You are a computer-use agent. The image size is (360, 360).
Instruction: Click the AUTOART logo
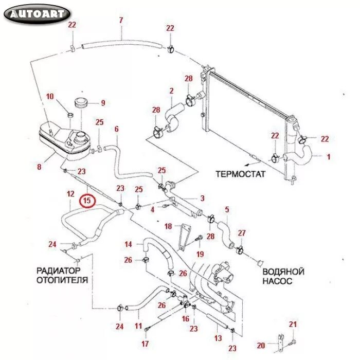tap(37, 14)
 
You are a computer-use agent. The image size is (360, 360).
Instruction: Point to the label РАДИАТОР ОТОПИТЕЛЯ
tap(62, 275)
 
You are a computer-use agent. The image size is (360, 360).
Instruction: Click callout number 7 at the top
tap(121, 21)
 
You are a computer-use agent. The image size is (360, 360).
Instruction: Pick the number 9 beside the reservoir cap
tap(102, 103)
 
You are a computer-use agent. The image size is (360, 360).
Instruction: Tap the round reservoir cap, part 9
tap(81, 102)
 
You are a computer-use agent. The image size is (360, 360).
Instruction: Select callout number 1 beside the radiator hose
tap(329, 156)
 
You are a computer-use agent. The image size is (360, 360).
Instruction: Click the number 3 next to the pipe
tap(202, 199)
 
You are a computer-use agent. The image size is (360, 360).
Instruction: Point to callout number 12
tap(70, 194)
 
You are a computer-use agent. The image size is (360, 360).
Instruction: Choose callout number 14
tap(129, 244)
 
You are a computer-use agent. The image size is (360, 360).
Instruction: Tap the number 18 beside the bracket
tap(168, 226)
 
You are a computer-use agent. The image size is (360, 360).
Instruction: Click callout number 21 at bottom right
tap(293, 324)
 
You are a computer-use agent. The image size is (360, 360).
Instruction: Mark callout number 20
tap(261, 345)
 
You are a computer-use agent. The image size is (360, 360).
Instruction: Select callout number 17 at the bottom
tap(145, 344)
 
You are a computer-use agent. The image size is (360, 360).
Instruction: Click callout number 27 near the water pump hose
tap(242, 232)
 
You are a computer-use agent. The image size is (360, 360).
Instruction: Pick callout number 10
tap(50, 96)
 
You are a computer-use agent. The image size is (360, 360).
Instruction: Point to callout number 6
tap(117, 129)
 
